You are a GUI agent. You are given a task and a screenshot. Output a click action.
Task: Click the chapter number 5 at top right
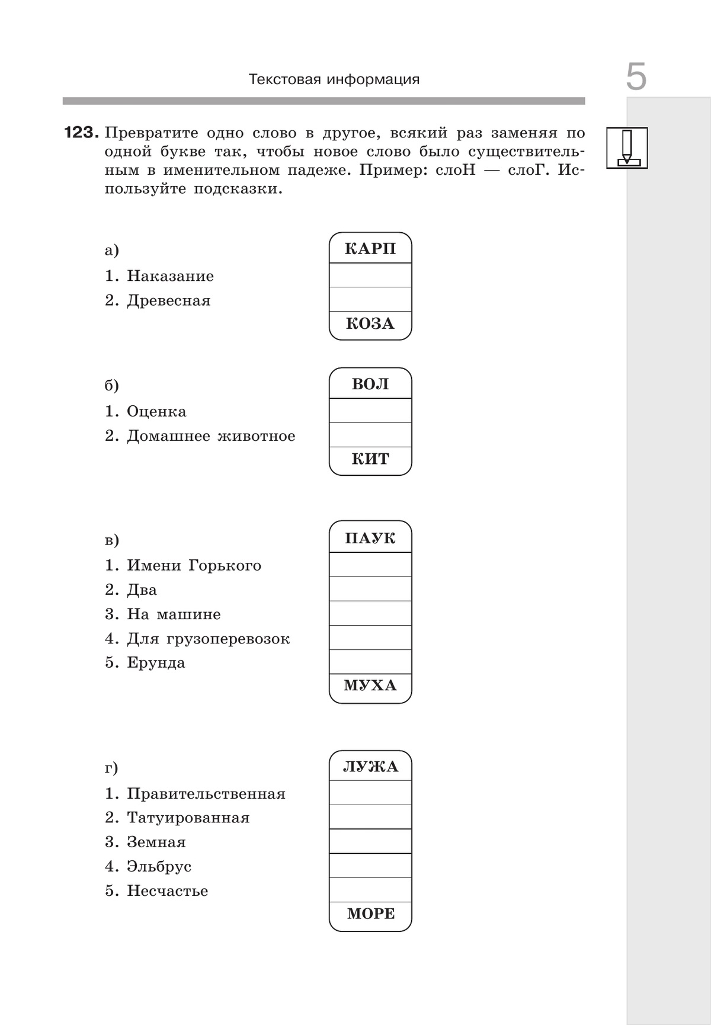point(636,77)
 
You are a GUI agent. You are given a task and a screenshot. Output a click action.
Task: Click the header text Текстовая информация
point(334,79)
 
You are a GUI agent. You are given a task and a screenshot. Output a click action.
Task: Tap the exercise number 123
point(80,133)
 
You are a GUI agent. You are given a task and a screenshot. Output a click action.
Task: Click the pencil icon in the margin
point(627,148)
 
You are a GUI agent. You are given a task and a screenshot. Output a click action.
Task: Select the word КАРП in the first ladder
point(370,248)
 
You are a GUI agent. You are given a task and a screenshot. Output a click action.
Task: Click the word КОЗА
point(370,323)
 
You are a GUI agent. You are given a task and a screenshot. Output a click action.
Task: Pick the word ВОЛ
point(370,384)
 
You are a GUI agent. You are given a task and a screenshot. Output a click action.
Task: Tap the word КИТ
point(370,459)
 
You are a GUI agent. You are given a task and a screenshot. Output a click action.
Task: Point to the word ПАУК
point(370,539)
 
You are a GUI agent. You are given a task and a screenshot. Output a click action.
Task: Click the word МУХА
point(370,686)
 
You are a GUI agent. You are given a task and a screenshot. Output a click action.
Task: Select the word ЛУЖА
point(370,767)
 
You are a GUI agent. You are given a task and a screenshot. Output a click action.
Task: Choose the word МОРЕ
point(370,914)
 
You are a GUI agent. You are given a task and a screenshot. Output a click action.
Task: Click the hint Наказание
point(170,276)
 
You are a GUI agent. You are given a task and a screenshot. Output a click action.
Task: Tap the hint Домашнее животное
point(210,436)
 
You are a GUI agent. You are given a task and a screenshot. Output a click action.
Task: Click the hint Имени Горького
point(194,566)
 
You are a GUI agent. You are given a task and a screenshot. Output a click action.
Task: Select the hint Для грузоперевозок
point(208,639)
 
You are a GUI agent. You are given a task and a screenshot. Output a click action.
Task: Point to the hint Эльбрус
point(159,866)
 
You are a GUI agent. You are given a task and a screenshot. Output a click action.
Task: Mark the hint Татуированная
point(188,818)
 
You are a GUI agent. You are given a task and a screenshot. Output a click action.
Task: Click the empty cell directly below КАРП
point(370,276)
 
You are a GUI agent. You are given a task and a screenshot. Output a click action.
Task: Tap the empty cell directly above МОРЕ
point(370,889)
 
